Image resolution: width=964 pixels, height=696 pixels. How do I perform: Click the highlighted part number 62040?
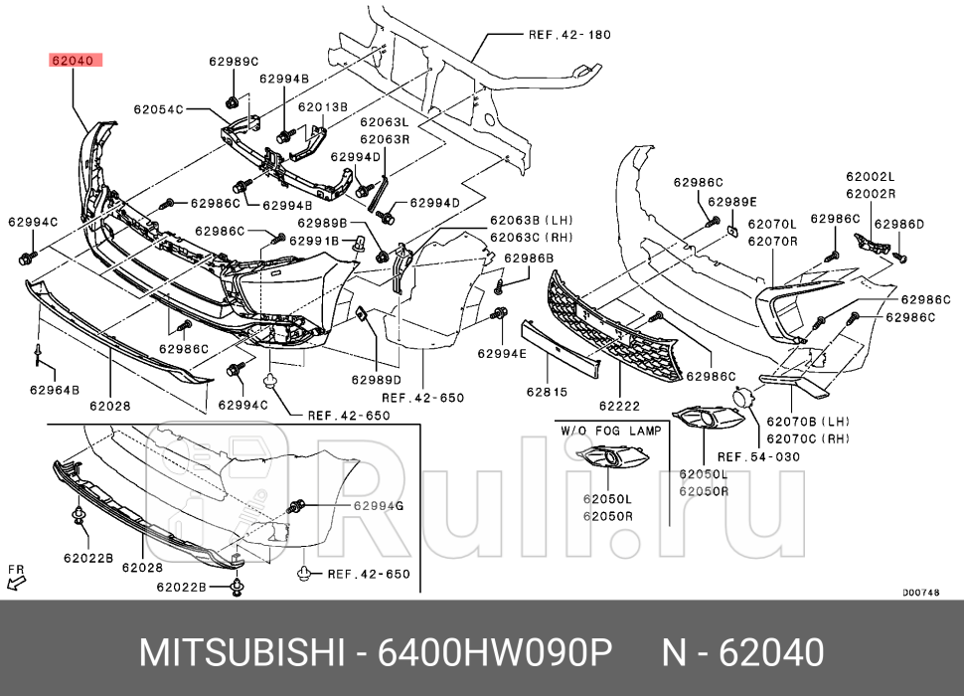[x=72, y=60]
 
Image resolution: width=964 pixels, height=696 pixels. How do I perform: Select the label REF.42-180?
[x=568, y=34]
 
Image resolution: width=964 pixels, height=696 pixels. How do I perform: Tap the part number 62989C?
[x=233, y=61]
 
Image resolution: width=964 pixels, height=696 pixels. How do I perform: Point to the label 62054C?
[x=159, y=109]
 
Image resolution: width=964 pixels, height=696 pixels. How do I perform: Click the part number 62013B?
[x=323, y=106]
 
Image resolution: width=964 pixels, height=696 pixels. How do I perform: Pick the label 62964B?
[x=55, y=390]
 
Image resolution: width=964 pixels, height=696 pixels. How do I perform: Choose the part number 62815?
[x=547, y=392]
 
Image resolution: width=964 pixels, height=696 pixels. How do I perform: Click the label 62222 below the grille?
[x=618, y=405]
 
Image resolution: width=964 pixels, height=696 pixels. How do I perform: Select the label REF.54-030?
[x=758, y=456]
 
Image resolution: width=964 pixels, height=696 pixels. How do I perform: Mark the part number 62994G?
[x=379, y=506]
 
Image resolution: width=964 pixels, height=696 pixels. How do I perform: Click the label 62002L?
[x=871, y=176]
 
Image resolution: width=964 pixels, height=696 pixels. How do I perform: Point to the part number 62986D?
[x=899, y=224]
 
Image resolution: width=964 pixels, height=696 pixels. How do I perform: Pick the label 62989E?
[x=732, y=201]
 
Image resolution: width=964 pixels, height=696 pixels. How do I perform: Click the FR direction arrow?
[x=17, y=577]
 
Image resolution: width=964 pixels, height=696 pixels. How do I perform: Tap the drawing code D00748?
[x=921, y=593]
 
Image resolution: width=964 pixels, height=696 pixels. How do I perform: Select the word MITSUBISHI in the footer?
[x=240, y=653]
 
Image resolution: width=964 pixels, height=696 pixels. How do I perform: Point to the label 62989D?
[x=376, y=380]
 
